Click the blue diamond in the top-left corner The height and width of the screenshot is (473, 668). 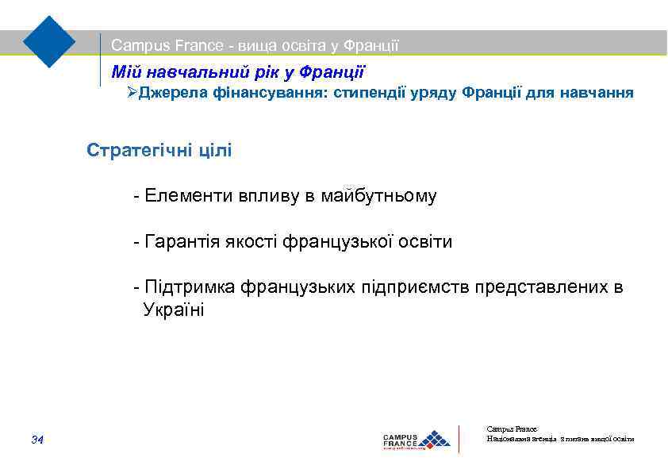49,40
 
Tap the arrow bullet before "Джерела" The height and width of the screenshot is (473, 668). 132,94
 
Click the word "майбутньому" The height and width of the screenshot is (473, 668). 378,196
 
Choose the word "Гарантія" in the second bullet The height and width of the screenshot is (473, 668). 180,242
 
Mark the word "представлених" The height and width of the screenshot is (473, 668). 543,287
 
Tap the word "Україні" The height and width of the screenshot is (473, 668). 173,310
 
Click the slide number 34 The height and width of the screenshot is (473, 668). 37,440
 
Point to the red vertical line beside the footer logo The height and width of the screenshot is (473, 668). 459,439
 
